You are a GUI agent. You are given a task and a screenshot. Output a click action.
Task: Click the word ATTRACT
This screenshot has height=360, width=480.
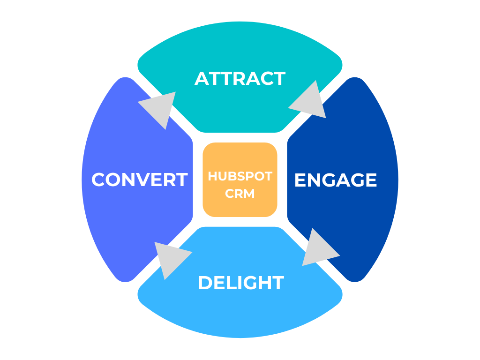(240, 78)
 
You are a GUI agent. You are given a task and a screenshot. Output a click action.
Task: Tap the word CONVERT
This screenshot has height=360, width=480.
(139, 180)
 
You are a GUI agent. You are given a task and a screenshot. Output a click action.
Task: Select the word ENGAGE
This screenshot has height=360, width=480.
(335, 180)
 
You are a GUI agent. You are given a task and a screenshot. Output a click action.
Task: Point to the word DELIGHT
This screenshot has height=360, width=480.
(240, 283)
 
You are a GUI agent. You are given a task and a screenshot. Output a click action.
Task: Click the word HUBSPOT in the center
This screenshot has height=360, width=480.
(240, 176)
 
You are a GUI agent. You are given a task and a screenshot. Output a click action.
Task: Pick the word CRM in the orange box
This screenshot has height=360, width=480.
(240, 193)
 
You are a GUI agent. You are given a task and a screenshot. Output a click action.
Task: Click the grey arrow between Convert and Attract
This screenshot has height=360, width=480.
(158, 108)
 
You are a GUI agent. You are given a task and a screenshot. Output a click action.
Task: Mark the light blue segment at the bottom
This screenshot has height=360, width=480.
(240, 314)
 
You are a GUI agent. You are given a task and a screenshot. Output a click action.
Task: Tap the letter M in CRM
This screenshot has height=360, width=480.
(249, 193)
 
